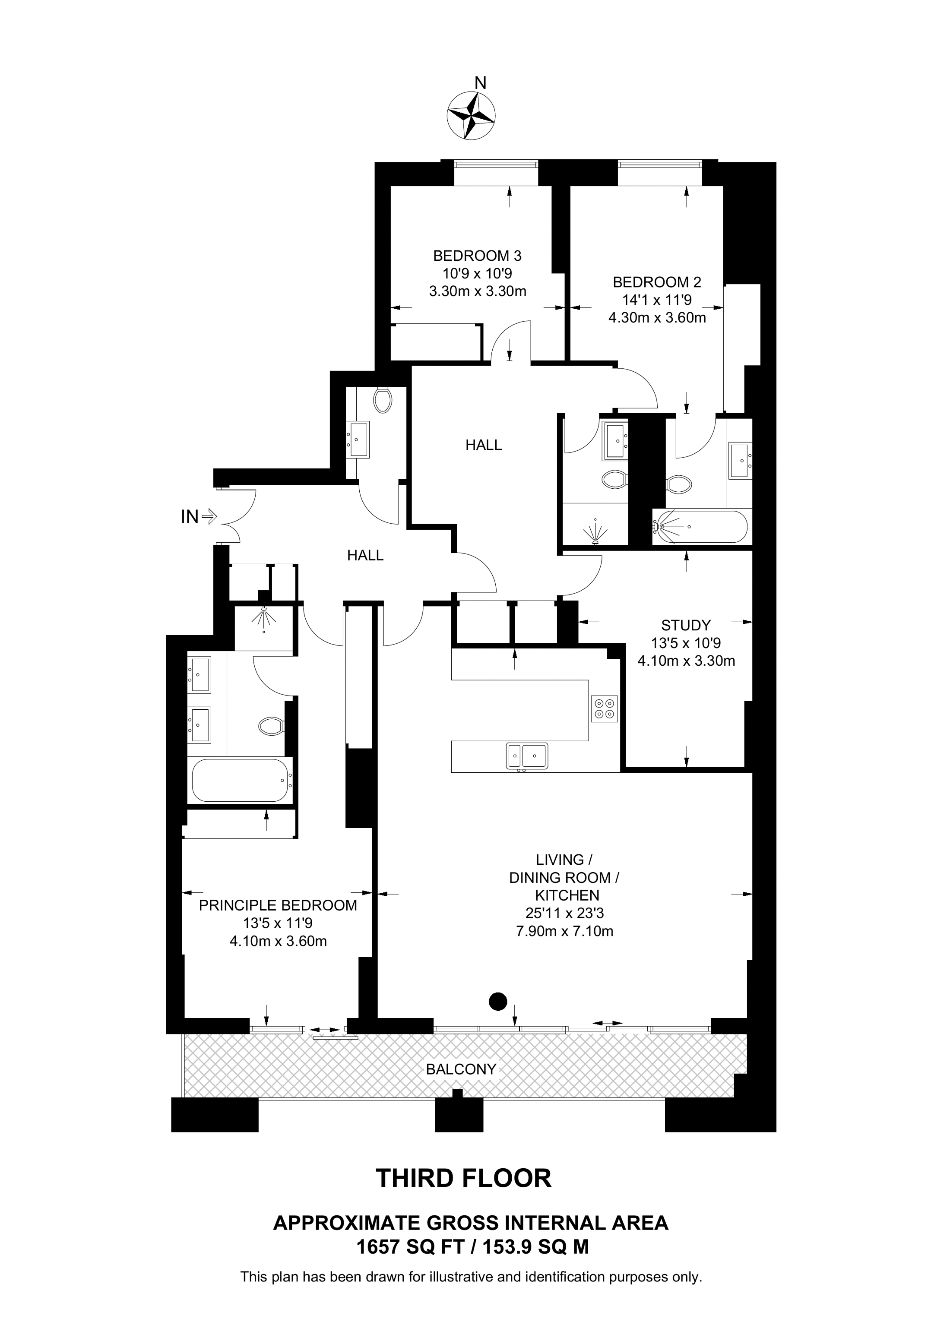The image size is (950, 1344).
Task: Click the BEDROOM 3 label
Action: (477, 256)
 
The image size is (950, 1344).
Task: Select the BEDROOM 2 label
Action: (657, 282)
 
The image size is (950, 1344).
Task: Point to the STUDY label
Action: (686, 625)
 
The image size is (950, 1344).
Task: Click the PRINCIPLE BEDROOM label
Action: (278, 905)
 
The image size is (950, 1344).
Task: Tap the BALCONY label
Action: (461, 1069)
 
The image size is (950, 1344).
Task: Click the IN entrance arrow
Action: (209, 516)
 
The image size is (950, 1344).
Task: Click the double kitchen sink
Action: (527, 755)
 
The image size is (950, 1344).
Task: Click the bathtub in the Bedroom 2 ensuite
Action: (700, 527)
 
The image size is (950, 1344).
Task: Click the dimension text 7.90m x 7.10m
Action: (564, 931)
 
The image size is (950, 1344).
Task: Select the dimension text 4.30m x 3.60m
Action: (657, 318)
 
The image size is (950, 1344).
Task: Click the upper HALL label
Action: (484, 445)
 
